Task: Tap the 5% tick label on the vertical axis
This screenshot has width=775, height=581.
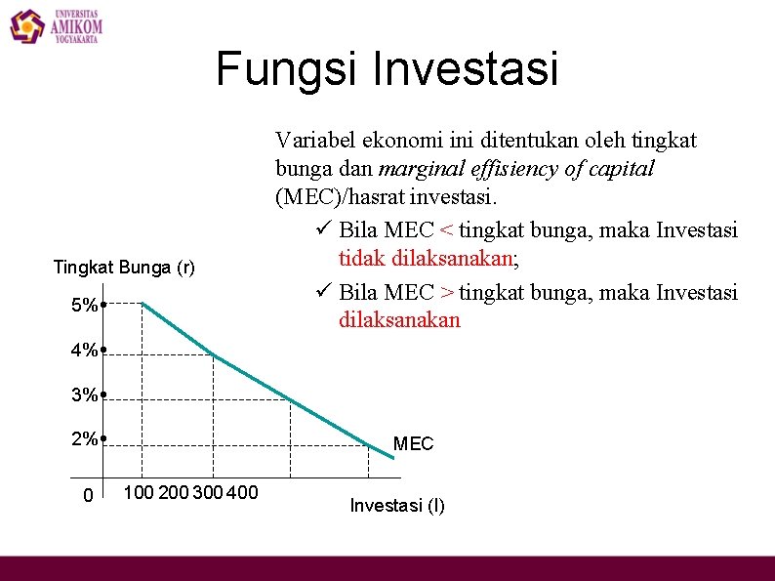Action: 85,305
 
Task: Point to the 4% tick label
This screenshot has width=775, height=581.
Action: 85,350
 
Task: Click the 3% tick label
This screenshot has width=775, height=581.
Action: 85,394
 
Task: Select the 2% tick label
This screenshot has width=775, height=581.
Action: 85,438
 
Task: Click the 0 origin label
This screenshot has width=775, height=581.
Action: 88,496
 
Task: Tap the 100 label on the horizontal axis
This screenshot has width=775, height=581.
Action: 139,492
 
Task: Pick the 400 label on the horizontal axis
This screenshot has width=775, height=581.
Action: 242,492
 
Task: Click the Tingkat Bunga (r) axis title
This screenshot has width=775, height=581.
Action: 124,267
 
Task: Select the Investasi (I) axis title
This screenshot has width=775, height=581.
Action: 397,505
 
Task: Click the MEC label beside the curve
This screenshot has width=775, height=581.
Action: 413,444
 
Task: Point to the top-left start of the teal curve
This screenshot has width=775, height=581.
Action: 143,304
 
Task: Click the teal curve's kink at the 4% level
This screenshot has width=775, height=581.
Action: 213,352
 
